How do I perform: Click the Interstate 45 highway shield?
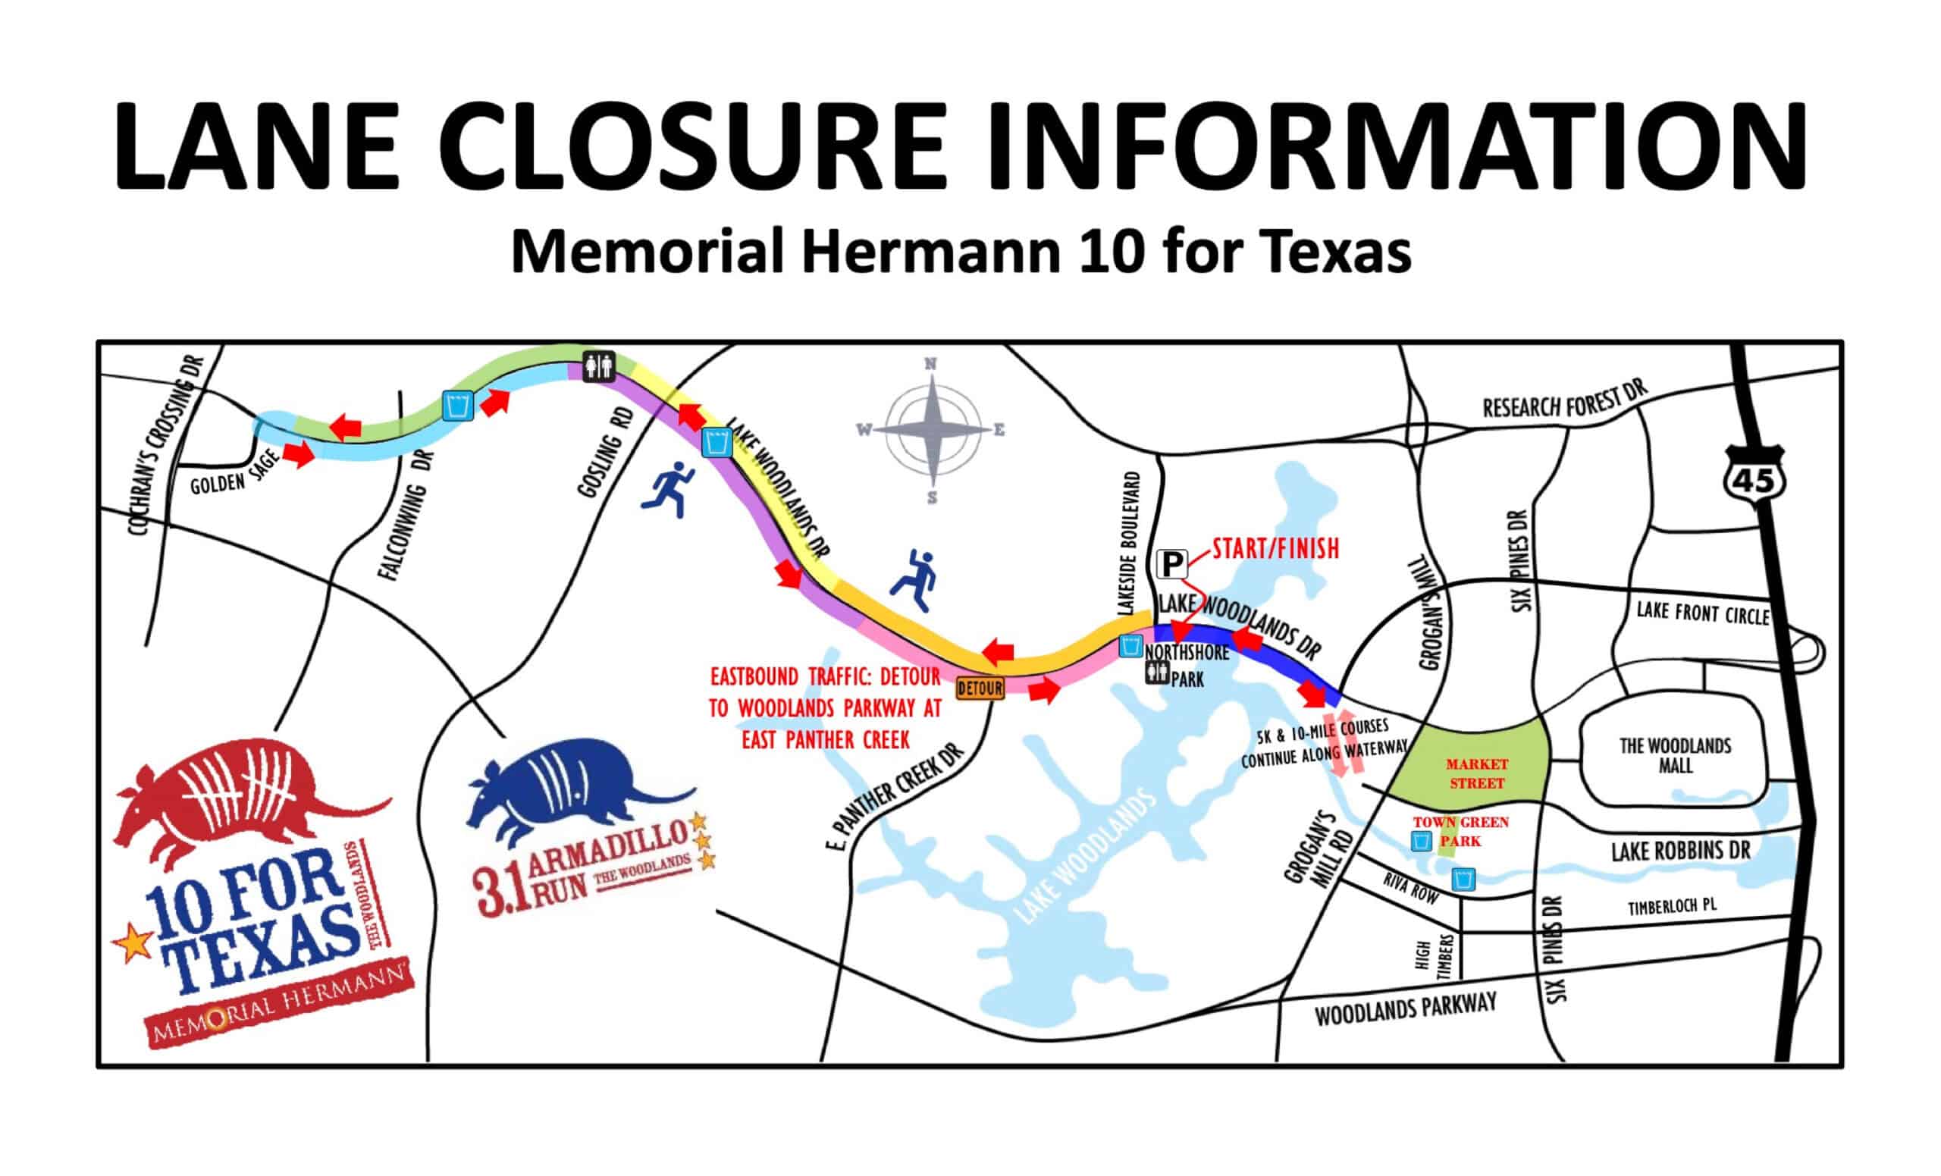tap(1754, 478)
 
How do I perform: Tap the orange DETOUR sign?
tap(980, 688)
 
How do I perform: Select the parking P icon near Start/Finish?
tap(1172, 564)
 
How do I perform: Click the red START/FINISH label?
tap(1275, 549)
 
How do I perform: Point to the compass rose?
tap(931, 429)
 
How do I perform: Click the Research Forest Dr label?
tap(1564, 401)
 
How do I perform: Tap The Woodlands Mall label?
tap(1675, 754)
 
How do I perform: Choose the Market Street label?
tap(1476, 773)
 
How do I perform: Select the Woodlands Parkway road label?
tap(1406, 1009)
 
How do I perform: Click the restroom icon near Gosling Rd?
tap(599, 367)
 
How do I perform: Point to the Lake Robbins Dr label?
tap(1680, 850)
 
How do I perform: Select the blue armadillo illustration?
tap(567, 788)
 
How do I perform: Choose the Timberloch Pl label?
tap(1672, 906)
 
